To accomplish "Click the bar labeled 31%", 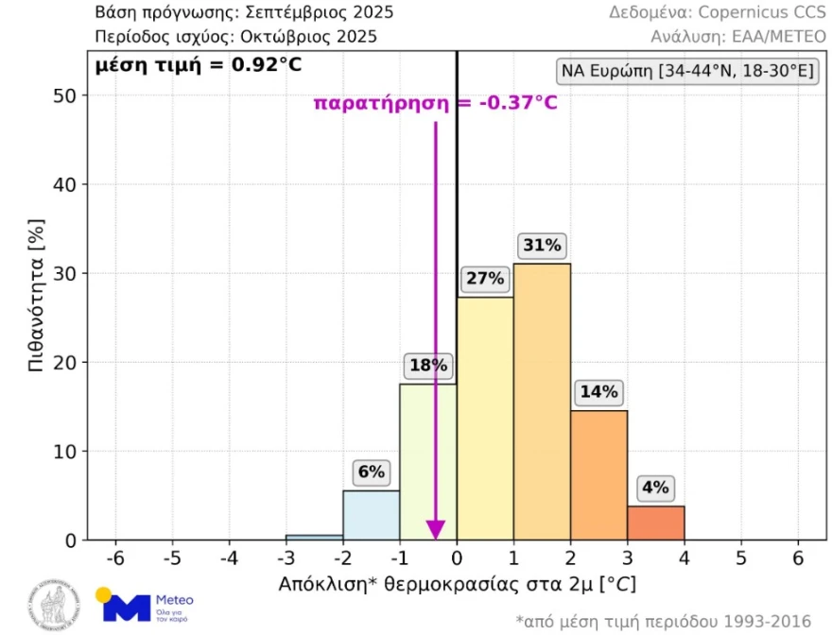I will [542, 402].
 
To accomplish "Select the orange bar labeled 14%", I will [598, 475].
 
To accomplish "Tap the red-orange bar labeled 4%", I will [655, 523].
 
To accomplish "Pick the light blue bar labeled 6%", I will [371, 515].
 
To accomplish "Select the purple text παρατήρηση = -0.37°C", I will [436, 102].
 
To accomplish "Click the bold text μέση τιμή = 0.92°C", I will [190, 66].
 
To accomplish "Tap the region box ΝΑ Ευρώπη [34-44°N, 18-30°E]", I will [689, 73].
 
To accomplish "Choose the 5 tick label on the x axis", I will [741, 558].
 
